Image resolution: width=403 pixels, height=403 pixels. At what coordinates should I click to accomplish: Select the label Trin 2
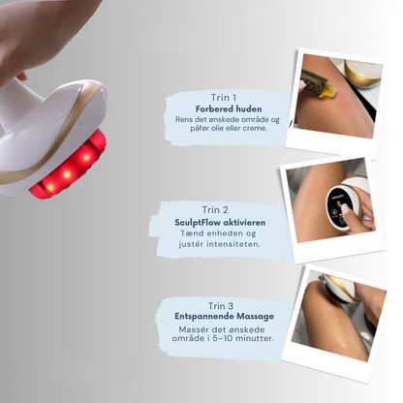point(215,209)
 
